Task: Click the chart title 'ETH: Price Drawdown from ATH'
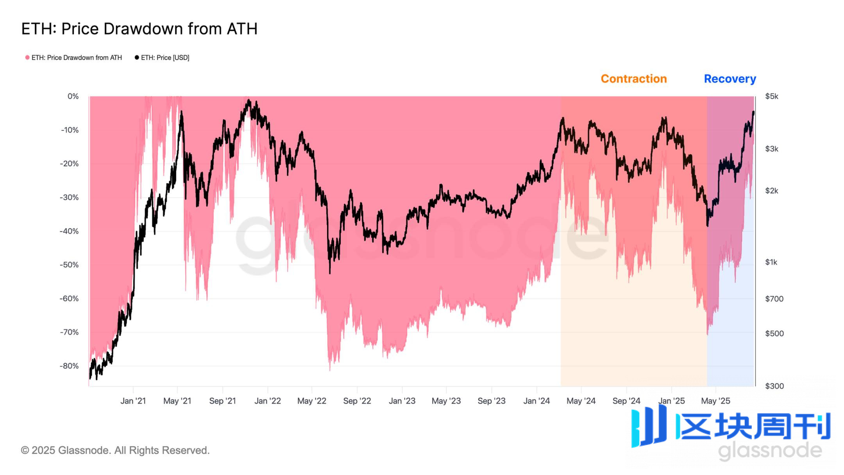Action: click(139, 29)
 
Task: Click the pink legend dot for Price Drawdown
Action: click(27, 57)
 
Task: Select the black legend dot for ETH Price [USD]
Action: click(137, 57)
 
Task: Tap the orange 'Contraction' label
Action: click(633, 79)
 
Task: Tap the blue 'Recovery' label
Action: click(730, 79)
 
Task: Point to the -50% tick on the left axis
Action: click(69, 265)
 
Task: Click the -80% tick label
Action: click(69, 366)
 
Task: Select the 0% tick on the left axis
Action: click(73, 96)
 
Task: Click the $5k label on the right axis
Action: click(772, 96)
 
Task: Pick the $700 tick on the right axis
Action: click(774, 299)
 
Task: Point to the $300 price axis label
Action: click(774, 386)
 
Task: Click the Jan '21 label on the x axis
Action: click(133, 401)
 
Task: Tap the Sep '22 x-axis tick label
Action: click(357, 401)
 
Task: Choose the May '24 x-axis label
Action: click(581, 401)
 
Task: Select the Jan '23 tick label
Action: click(402, 401)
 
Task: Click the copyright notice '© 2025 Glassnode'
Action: click(115, 450)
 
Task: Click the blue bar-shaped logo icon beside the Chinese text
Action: click(649, 427)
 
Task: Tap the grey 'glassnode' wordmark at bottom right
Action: click(770, 450)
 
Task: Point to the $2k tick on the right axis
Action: click(772, 191)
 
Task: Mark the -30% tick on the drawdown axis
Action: click(69, 197)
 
